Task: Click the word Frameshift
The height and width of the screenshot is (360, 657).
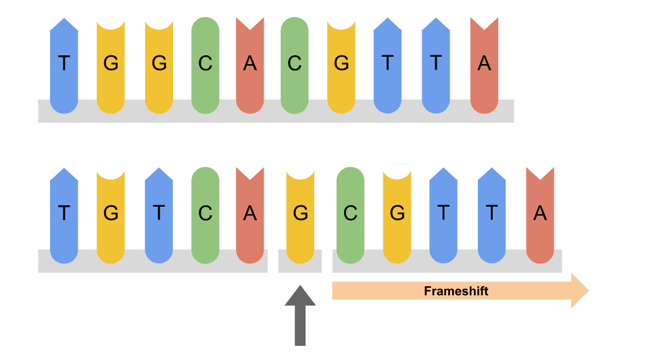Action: [456, 291]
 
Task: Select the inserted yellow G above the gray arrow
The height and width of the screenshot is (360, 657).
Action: [300, 213]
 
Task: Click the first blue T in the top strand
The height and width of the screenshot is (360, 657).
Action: [64, 64]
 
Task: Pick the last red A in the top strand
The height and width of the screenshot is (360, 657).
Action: [484, 64]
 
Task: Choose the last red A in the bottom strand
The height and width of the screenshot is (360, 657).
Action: [539, 213]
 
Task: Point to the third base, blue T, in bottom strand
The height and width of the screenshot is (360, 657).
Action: [159, 213]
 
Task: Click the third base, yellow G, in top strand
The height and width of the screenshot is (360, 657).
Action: [159, 64]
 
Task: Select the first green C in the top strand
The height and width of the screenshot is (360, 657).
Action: [205, 64]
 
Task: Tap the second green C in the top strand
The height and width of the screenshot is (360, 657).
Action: [294, 64]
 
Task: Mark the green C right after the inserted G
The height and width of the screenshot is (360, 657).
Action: [350, 213]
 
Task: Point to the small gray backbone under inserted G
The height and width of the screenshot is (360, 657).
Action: [299, 261]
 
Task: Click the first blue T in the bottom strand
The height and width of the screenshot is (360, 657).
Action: [64, 213]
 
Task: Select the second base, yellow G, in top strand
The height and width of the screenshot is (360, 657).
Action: [111, 64]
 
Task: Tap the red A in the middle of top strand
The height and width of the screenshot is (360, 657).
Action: [250, 64]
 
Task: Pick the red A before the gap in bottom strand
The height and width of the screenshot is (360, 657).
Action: [250, 213]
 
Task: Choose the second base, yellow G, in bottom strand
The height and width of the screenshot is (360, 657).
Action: [111, 213]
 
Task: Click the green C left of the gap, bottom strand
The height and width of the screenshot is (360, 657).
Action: [205, 213]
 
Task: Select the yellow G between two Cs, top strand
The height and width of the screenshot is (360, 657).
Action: [341, 64]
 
